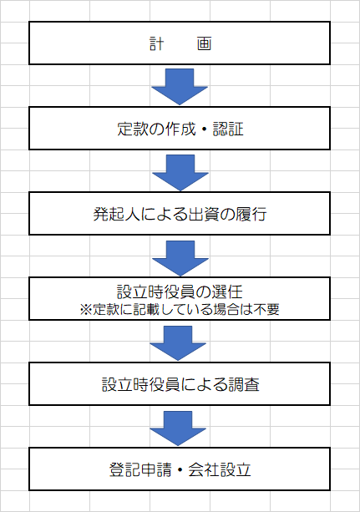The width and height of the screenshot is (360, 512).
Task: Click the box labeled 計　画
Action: (180, 43)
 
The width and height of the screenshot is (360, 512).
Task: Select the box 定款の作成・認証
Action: (180, 129)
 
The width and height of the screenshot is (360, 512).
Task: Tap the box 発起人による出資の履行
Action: (180, 214)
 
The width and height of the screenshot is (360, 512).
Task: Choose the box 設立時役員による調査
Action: (180, 383)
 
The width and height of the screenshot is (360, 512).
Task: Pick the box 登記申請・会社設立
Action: (180, 469)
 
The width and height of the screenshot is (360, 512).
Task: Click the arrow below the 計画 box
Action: (180, 87)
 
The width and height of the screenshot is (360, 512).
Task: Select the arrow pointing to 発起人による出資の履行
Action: (180, 172)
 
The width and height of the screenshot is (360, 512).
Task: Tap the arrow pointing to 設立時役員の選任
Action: (180, 258)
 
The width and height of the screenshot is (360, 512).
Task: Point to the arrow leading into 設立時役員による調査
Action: (178, 342)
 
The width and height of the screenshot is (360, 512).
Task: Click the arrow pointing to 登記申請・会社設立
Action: (178, 428)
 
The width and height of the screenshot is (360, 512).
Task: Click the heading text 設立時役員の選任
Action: (180, 291)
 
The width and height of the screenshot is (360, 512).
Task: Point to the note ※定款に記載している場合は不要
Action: (180, 309)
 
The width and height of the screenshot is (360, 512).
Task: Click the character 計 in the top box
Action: (156, 43)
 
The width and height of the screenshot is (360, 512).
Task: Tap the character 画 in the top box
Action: (204, 43)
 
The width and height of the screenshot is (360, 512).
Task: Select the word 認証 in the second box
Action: (228, 129)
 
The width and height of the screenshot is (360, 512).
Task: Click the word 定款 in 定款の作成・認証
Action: (132, 129)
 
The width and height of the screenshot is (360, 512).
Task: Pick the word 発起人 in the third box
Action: (117, 214)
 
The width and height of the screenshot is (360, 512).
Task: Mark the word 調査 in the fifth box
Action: (244, 384)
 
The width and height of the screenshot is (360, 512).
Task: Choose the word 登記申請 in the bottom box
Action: (140, 469)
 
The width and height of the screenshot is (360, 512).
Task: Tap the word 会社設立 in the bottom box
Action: (219, 469)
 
